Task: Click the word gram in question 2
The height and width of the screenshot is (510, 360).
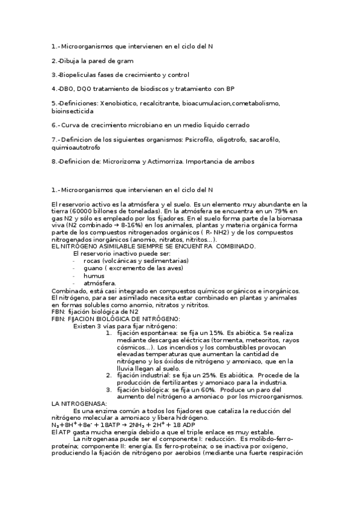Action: click(126, 61)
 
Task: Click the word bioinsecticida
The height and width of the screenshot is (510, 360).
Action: click(73, 111)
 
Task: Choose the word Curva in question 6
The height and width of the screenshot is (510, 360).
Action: click(72, 125)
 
